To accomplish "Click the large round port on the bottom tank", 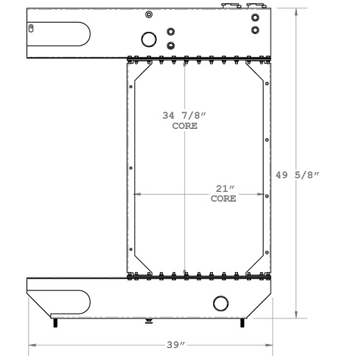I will click(221, 303).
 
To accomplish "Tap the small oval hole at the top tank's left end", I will click(31, 29).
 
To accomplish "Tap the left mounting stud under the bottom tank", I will click(55, 324).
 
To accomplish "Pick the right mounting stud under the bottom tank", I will click(243, 324).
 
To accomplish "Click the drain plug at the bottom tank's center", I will click(149, 321).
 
